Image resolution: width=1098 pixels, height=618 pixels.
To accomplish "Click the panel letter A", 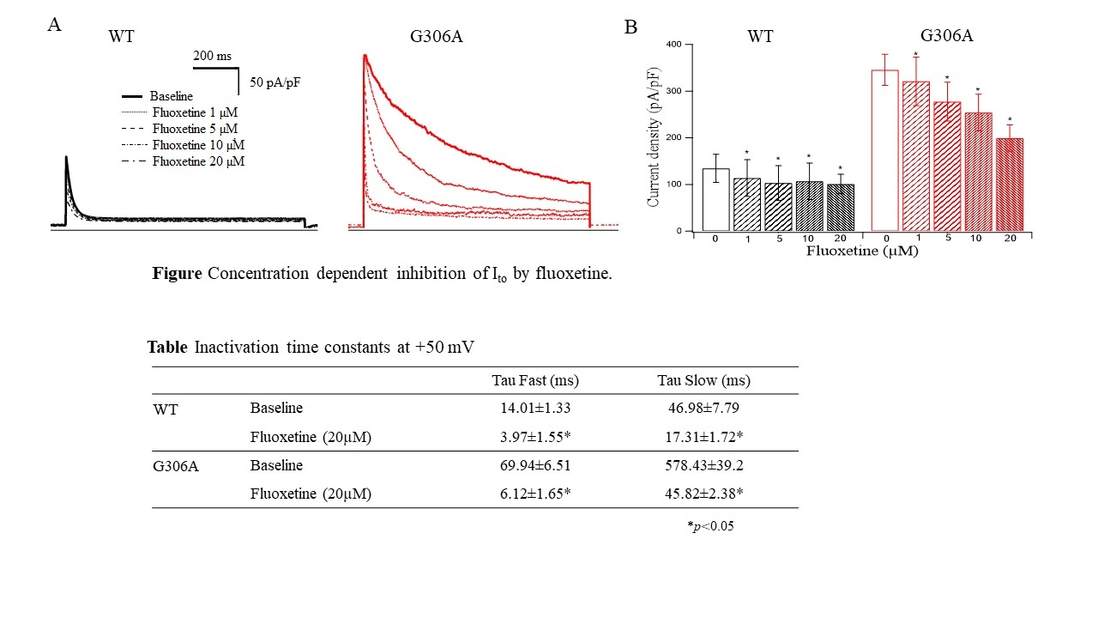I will pos(54,25).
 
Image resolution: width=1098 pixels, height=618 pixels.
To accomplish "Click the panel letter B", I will pos(630,28).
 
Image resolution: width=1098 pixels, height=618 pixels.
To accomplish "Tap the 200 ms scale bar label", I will pos(212,56).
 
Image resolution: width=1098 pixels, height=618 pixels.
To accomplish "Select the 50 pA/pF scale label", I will pos(275,83).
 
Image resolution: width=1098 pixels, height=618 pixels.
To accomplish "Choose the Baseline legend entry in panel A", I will pos(172,96).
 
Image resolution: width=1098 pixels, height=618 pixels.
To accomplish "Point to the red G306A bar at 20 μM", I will pos(1010,185).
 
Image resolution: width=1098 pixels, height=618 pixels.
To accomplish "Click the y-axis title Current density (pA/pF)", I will pos(654,137).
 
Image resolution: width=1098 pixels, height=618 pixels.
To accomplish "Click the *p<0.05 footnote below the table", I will pos(709,526).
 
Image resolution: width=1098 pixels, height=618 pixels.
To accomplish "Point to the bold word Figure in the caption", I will pos(178,274).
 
